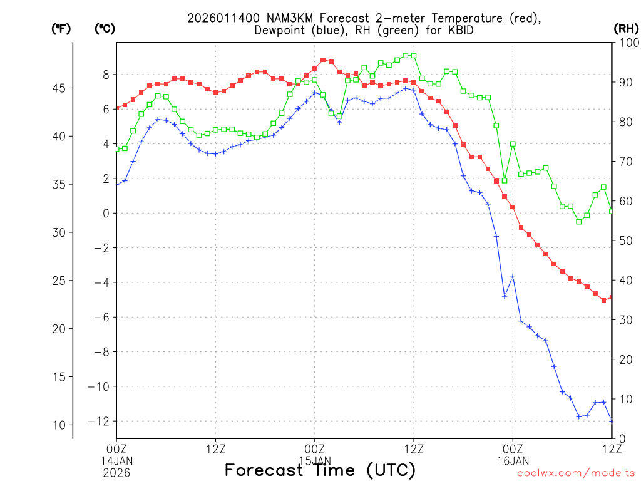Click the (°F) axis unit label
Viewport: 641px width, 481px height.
[61, 29]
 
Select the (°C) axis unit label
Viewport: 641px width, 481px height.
[104, 29]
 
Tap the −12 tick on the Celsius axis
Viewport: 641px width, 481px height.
[101, 422]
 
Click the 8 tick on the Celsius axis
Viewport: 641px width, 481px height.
[106, 75]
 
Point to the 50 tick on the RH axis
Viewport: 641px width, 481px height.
[624, 240]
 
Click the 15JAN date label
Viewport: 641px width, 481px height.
[314, 460]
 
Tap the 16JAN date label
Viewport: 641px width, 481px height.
[513, 460]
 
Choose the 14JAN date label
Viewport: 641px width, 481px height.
[116, 460]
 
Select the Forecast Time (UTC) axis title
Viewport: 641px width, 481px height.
[320, 470]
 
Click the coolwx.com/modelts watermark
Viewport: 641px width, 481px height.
[576, 473]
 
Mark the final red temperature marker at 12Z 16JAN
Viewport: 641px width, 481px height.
[612, 297]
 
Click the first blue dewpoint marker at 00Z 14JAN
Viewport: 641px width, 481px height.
[117, 184]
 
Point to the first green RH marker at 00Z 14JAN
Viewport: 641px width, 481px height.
[117, 148]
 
